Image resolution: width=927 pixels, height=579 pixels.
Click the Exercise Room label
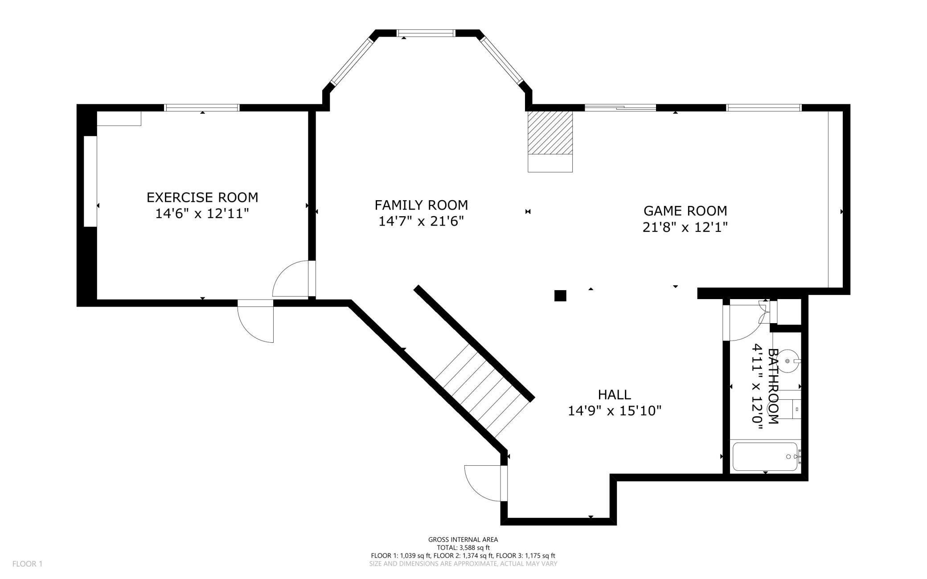[x=202, y=197]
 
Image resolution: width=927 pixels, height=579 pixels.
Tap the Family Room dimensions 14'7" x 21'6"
[x=421, y=221]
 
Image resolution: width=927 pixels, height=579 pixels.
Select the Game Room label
[x=685, y=210]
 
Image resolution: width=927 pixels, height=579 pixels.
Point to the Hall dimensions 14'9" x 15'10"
[x=614, y=411]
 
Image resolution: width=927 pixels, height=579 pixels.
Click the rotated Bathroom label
[x=773, y=386]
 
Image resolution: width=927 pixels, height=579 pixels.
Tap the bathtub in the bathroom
[x=765, y=456]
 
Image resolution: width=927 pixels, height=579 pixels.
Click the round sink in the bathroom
[x=788, y=361]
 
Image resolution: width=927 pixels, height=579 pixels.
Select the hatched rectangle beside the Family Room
[x=550, y=132]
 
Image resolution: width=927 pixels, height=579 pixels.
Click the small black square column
[x=560, y=296]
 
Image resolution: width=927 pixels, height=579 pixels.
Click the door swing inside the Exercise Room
[x=291, y=279]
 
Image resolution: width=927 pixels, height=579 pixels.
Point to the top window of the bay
[x=426, y=33]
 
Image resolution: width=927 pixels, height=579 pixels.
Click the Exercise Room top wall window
[x=202, y=107]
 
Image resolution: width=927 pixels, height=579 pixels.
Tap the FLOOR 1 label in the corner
[x=27, y=564]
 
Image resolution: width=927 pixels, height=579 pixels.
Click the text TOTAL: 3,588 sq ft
[x=463, y=547]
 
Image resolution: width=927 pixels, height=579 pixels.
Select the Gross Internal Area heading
[x=463, y=539]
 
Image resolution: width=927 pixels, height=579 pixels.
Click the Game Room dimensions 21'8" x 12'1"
[x=685, y=227]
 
